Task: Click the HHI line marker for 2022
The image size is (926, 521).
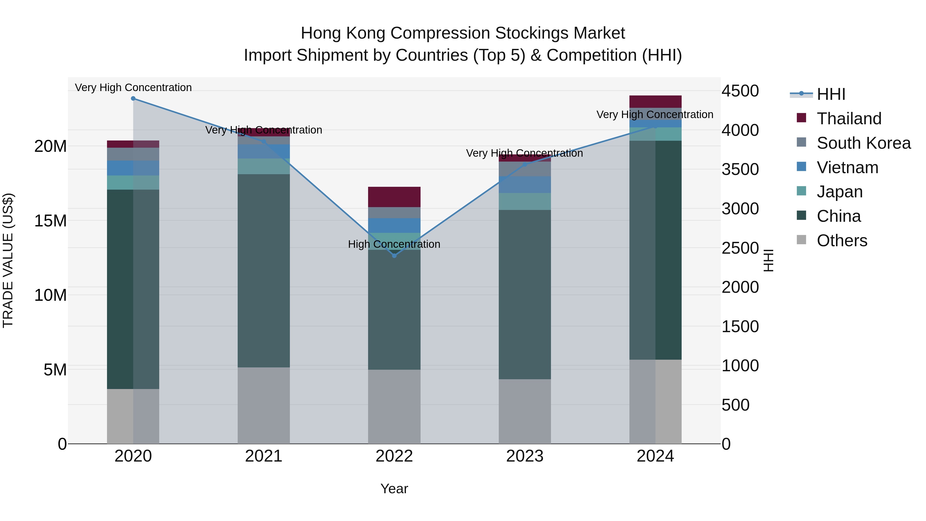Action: pos(394,256)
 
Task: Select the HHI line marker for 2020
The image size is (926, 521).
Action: pos(133,99)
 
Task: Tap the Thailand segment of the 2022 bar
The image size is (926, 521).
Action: pos(394,197)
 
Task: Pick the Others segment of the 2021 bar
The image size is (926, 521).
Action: pos(263,405)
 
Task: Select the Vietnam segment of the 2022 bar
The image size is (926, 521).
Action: pos(394,225)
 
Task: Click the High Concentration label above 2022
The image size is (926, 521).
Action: pos(394,244)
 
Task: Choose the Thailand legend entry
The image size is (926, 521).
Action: pos(849,119)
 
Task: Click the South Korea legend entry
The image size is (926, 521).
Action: pos(863,143)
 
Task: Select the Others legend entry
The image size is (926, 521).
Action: pos(842,241)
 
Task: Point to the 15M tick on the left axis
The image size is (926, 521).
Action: pos(50,221)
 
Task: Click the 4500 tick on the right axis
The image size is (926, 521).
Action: pos(740,91)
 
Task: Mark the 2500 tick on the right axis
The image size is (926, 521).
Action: pos(740,248)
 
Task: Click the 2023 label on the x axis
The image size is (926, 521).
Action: pos(524,456)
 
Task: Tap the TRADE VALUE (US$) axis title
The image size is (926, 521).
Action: pos(8,260)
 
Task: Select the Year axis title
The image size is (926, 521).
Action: pos(394,489)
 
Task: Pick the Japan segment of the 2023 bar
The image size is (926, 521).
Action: pos(524,201)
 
